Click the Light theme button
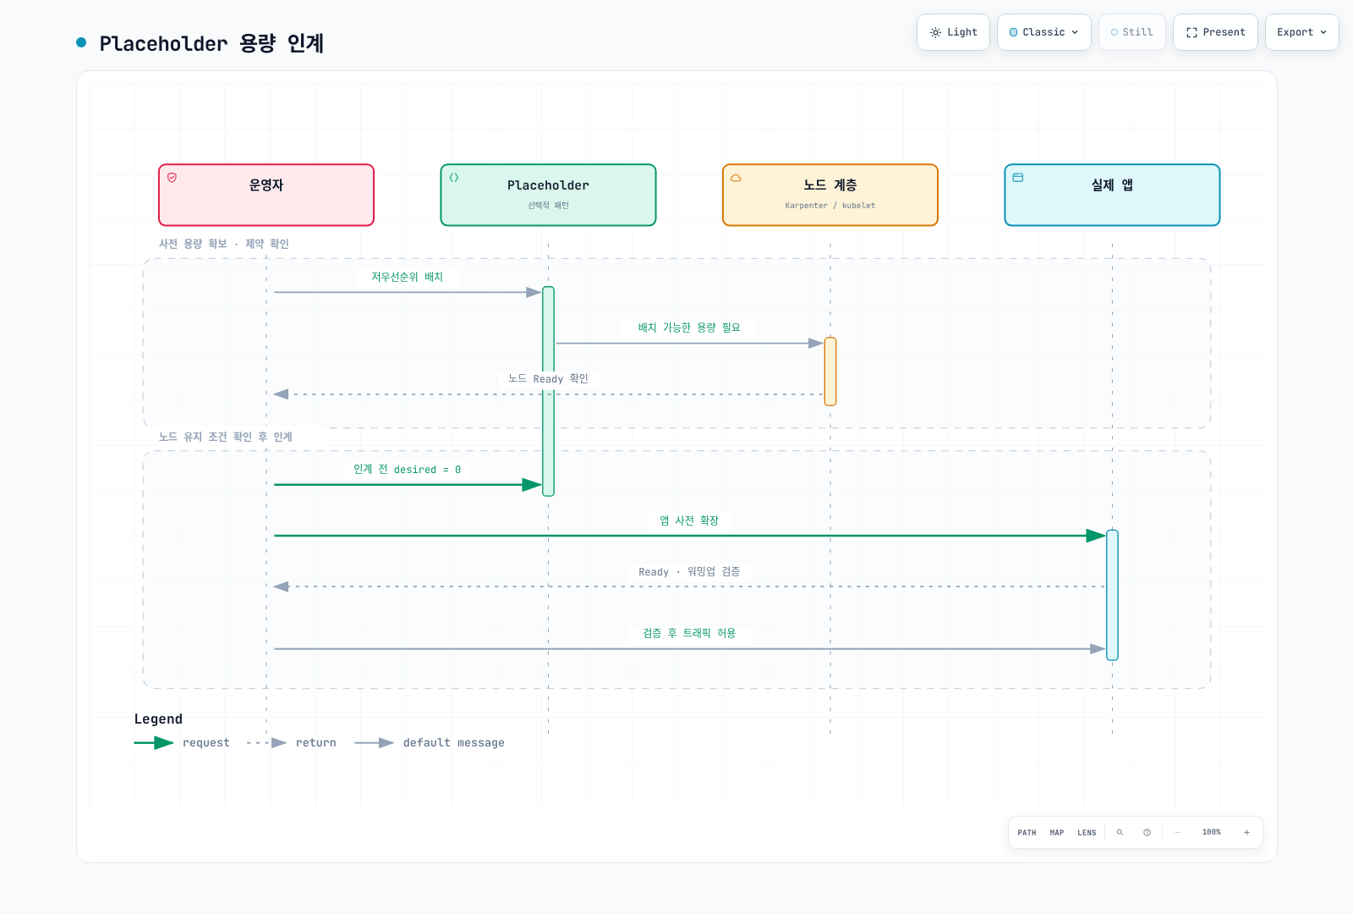click(x=953, y=32)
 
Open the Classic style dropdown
click(x=1044, y=32)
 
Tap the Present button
click(x=1215, y=32)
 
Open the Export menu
click(x=1301, y=32)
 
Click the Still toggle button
click(x=1132, y=32)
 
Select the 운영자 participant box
click(x=266, y=195)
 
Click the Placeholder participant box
click(x=549, y=195)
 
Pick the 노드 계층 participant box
click(x=830, y=195)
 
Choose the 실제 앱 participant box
click(x=1113, y=195)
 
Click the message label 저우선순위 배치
click(x=407, y=277)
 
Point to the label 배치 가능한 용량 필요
click(x=689, y=328)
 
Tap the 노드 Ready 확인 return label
click(x=548, y=378)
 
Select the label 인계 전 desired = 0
click(x=407, y=470)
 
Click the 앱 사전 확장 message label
click(x=689, y=520)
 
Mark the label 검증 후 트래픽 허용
click(x=689, y=633)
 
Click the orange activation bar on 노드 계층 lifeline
click(x=830, y=372)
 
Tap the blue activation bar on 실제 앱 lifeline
click(x=1113, y=595)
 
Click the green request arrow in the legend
click(x=154, y=742)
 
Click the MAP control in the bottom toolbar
click(x=1057, y=833)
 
